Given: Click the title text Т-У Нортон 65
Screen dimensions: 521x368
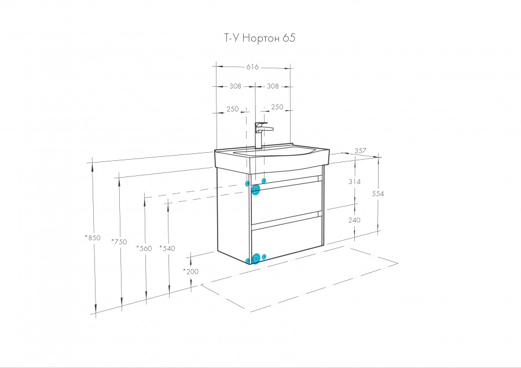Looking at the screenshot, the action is click(260, 38).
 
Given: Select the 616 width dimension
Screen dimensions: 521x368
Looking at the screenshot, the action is click(252, 67).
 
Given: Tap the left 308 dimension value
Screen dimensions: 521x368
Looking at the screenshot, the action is click(235, 86).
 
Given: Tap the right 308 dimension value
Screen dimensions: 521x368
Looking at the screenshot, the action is click(273, 86).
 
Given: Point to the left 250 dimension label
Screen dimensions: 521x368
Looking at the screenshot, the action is click(233, 109).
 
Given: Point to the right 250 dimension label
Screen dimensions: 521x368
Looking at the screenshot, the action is click(277, 107).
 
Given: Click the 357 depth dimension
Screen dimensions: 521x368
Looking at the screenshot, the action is click(360, 151).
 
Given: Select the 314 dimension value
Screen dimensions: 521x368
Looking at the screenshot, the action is click(354, 181).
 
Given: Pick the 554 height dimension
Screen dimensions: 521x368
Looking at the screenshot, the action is click(378, 193).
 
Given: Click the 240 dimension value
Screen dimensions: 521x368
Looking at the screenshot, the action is click(354, 220).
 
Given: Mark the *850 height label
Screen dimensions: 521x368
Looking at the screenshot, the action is click(93, 237).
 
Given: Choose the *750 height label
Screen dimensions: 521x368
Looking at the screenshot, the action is click(119, 241).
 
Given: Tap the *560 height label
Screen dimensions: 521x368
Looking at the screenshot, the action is click(144, 248).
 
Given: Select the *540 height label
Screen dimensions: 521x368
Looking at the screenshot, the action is click(167, 248).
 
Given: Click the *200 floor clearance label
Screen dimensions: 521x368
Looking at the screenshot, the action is click(190, 271).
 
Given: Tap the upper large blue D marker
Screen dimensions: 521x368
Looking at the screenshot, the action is click(255, 190).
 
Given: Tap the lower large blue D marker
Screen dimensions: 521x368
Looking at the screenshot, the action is click(256, 259).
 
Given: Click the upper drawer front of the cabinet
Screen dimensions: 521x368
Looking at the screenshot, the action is click(287, 203).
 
